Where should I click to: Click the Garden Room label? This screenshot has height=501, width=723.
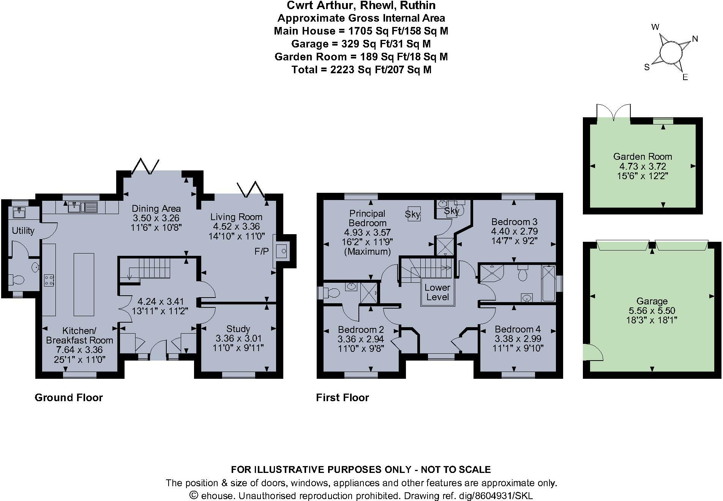(642, 156)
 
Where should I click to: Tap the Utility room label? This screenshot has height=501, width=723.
(23, 230)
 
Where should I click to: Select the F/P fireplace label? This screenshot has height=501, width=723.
(262, 251)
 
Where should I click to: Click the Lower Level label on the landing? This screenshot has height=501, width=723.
(437, 292)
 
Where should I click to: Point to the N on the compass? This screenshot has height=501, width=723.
(695, 39)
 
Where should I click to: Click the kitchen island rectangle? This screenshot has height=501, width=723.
(84, 284)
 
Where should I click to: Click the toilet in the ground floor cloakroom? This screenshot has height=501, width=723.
(16, 280)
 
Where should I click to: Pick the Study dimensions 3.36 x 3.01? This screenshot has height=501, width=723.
(238, 338)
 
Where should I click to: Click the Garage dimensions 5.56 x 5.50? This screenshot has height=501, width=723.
(652, 311)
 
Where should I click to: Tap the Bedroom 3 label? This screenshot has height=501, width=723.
(514, 222)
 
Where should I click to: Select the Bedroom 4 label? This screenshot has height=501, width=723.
(518, 329)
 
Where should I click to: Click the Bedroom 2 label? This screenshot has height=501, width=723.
(361, 329)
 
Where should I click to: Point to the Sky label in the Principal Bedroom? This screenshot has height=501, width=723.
(413, 214)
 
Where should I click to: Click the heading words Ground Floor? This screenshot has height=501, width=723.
(69, 397)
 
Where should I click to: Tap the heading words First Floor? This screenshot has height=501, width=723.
(343, 397)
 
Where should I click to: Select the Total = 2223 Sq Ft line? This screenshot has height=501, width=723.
(361, 69)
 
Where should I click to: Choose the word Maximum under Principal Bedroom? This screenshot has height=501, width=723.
(367, 251)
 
